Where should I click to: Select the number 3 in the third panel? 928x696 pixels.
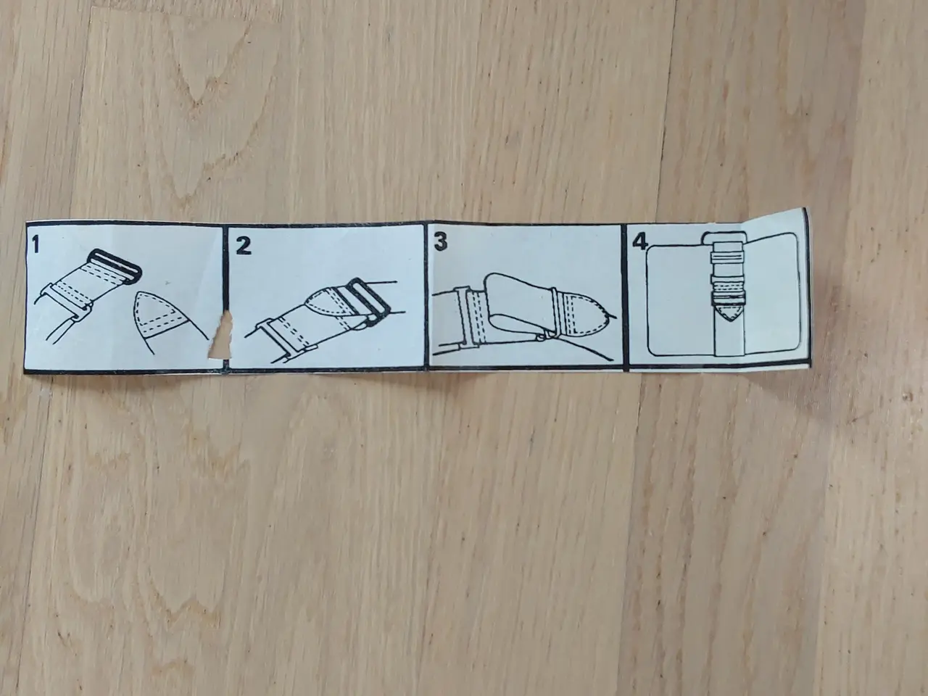441,241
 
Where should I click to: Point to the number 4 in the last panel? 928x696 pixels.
639,241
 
